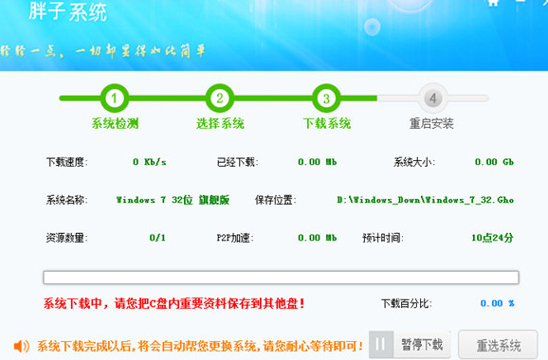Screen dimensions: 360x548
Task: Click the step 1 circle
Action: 115,98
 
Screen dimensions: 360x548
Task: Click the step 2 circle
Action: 220,98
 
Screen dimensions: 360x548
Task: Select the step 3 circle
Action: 326,98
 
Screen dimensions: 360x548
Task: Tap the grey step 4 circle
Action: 432,98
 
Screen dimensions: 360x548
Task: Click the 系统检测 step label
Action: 115,124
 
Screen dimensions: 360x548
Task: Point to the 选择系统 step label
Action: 220,124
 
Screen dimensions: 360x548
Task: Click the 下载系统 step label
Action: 326,124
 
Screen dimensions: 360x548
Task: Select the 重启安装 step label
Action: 432,124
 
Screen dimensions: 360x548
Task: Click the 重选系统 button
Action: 498,344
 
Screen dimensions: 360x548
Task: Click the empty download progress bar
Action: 281,278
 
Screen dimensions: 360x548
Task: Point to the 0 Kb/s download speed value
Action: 150,162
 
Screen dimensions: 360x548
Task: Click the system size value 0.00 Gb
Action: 493,162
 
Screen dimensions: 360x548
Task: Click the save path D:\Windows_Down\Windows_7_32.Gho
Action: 425,200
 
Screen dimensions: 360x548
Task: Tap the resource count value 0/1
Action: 157,237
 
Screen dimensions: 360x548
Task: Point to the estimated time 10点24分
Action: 492,237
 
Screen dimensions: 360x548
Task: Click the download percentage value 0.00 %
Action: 497,303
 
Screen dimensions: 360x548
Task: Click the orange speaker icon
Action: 21,345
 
